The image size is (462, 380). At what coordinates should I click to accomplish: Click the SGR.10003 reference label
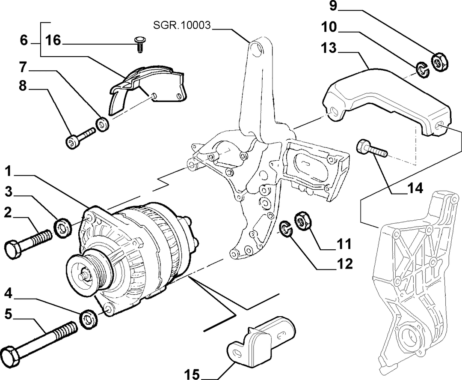(182, 25)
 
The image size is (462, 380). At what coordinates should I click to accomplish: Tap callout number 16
(53, 40)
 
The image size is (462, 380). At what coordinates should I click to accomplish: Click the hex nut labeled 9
(440, 62)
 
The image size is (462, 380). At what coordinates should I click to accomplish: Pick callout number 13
(329, 48)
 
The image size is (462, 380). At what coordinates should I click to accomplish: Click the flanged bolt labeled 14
(372, 150)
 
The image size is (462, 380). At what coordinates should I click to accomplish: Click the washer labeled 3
(62, 227)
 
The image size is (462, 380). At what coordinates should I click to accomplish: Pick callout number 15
(192, 374)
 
